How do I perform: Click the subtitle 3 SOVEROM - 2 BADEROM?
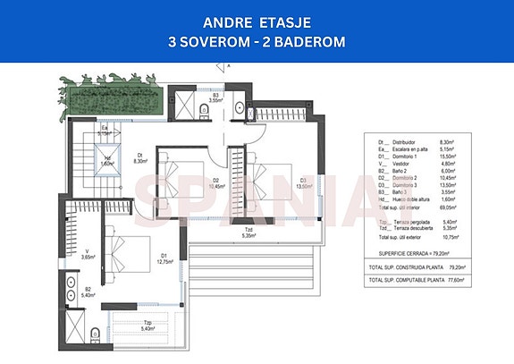point(257,41)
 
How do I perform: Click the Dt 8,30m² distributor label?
point(140,159)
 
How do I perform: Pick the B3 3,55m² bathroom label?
point(217,97)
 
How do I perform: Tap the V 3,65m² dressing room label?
point(86,254)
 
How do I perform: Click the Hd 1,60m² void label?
point(105,162)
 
